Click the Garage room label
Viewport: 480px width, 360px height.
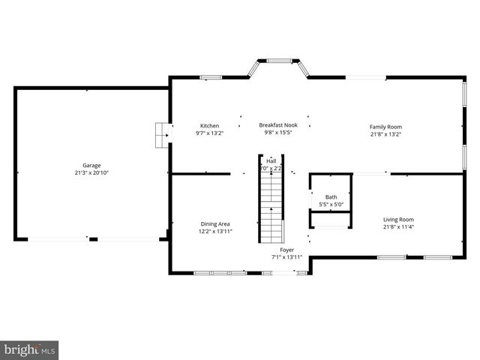[91, 166]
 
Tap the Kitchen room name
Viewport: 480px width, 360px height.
[209, 125]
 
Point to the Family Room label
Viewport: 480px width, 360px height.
[385, 127]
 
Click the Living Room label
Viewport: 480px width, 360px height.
[398, 219]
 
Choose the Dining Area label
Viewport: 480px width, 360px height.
[214, 223]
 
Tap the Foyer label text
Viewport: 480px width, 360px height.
[286, 249]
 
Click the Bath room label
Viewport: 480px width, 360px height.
[331, 196]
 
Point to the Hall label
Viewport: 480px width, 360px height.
[271, 160]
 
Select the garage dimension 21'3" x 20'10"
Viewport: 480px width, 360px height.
[91, 173]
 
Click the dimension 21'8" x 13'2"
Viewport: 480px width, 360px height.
[385, 135]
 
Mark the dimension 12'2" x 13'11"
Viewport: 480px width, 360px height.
[214, 231]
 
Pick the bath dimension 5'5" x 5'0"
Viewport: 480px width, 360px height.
[331, 204]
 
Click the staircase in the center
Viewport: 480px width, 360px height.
[271, 206]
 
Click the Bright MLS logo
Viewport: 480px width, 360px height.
[30, 349]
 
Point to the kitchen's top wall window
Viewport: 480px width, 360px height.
[210, 76]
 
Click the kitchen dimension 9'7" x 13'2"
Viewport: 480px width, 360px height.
[209, 133]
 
